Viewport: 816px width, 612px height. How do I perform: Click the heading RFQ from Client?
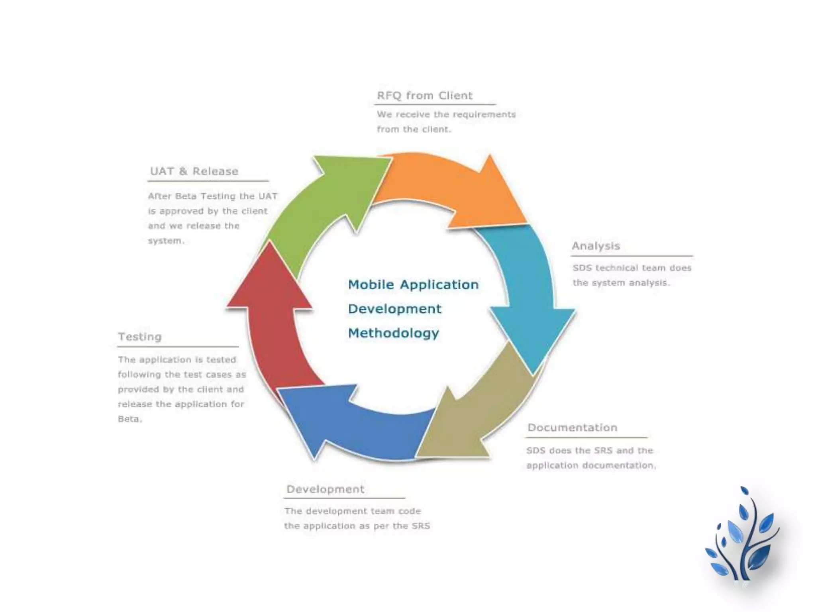tap(425, 96)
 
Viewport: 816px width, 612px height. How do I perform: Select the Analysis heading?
tap(596, 246)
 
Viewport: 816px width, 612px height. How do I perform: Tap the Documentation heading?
tap(573, 428)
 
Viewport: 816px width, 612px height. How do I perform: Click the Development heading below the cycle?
tap(325, 489)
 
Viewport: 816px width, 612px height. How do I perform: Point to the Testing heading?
tap(140, 337)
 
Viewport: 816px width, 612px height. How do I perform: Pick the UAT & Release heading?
tap(194, 171)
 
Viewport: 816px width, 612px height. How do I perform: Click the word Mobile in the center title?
tap(371, 284)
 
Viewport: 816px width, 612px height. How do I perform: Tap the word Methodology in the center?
tap(393, 333)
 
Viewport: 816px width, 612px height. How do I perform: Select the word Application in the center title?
tap(439, 284)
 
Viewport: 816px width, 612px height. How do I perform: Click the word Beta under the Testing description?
tap(129, 419)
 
